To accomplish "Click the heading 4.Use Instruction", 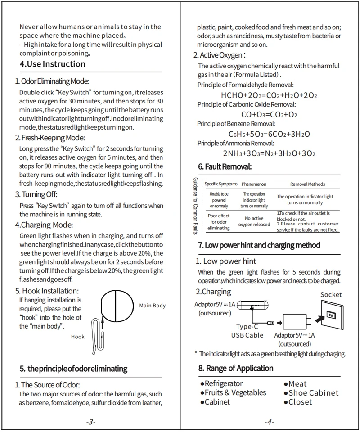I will tap(53, 64).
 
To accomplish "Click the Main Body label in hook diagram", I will tap(153, 306).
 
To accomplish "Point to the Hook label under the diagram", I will tap(78, 336).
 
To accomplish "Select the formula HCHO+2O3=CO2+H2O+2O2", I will tap(270, 95).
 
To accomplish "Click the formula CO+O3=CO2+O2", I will tap(269, 114).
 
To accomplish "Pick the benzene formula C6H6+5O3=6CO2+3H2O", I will tap(269, 134).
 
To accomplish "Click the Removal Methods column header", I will tap(307, 184).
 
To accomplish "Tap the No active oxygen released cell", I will tap(254, 221).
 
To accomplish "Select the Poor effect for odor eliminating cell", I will tap(219, 222).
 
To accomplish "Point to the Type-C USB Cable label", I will tap(247, 331).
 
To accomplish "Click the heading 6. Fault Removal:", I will tap(225, 166).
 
